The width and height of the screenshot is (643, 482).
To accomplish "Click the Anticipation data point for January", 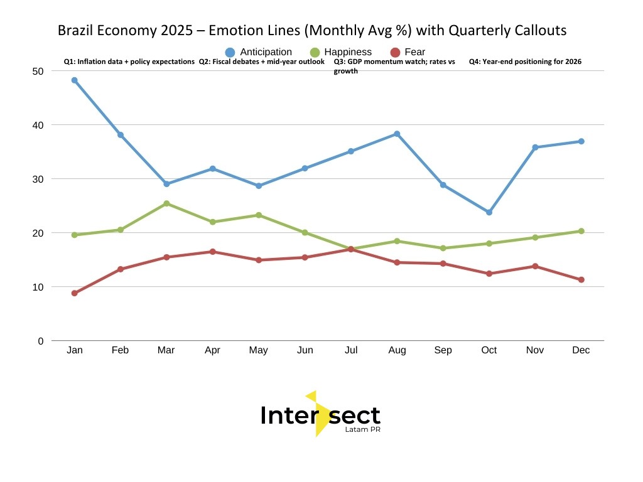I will point(74,80).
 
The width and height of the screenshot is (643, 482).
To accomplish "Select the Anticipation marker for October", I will point(489,212).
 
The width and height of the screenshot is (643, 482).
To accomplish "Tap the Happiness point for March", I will point(166,203).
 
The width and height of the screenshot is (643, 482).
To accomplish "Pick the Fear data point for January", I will point(74,293).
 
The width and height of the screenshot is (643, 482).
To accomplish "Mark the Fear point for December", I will point(581,280).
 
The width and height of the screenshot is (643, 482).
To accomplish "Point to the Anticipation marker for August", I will point(397,134).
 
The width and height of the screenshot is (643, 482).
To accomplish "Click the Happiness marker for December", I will point(581,231).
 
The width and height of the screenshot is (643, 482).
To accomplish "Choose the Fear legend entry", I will point(408,52).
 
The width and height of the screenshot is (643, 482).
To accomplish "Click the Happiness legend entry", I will point(340,52).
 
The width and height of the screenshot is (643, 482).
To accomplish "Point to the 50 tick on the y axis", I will point(38,71).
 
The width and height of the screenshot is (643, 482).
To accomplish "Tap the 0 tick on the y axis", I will point(41,341).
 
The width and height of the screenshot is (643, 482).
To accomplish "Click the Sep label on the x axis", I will point(443,350).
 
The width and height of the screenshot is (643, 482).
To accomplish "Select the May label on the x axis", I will point(259,350).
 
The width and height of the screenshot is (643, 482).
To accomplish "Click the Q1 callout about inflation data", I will point(129,62).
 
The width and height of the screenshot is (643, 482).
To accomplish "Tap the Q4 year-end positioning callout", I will point(525,62).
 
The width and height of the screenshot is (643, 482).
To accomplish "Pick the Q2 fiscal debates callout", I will point(262,62).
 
